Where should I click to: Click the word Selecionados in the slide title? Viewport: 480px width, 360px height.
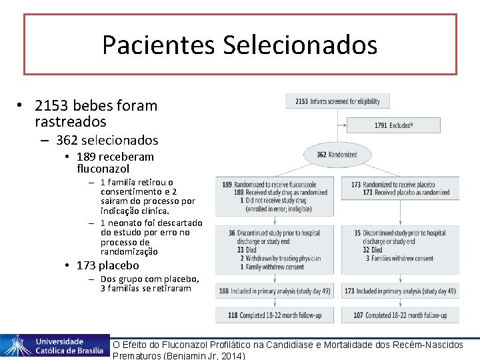(300, 45)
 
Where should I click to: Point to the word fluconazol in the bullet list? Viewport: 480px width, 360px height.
(103, 169)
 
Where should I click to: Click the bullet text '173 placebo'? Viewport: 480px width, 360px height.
(108, 265)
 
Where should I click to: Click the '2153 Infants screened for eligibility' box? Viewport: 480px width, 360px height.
(337, 101)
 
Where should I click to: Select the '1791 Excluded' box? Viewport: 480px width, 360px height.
(393, 125)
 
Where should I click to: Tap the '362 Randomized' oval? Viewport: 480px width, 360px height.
(337, 155)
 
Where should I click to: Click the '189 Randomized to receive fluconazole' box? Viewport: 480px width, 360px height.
(276, 197)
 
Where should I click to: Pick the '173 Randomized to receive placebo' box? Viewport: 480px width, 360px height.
(400, 189)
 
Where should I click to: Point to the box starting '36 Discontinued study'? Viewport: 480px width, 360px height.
(276, 249)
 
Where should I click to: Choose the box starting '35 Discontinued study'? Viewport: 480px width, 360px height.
(400, 245)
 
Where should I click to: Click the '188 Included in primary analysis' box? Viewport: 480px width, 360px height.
(276, 291)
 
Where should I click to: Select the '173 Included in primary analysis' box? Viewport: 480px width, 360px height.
(400, 291)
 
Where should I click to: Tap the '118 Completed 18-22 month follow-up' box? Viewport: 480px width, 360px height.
(276, 315)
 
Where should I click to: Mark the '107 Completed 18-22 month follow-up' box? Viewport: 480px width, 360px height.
(400, 315)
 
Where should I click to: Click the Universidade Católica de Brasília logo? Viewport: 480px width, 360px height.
(55, 345)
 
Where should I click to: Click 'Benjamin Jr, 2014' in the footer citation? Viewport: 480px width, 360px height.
(203, 355)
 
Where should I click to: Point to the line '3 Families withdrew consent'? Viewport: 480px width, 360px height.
(400, 259)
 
